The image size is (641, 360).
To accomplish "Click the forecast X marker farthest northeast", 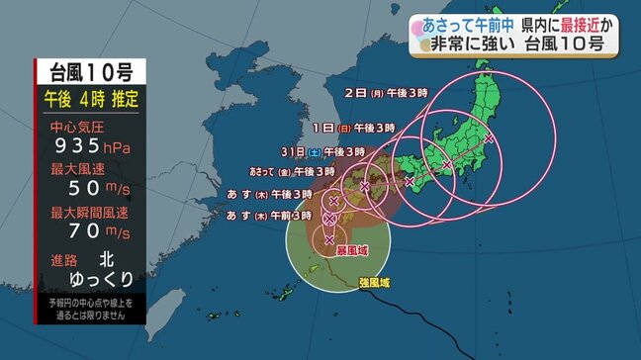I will pos(490,139).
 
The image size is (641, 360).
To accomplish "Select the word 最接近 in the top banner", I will pos(557,20).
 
